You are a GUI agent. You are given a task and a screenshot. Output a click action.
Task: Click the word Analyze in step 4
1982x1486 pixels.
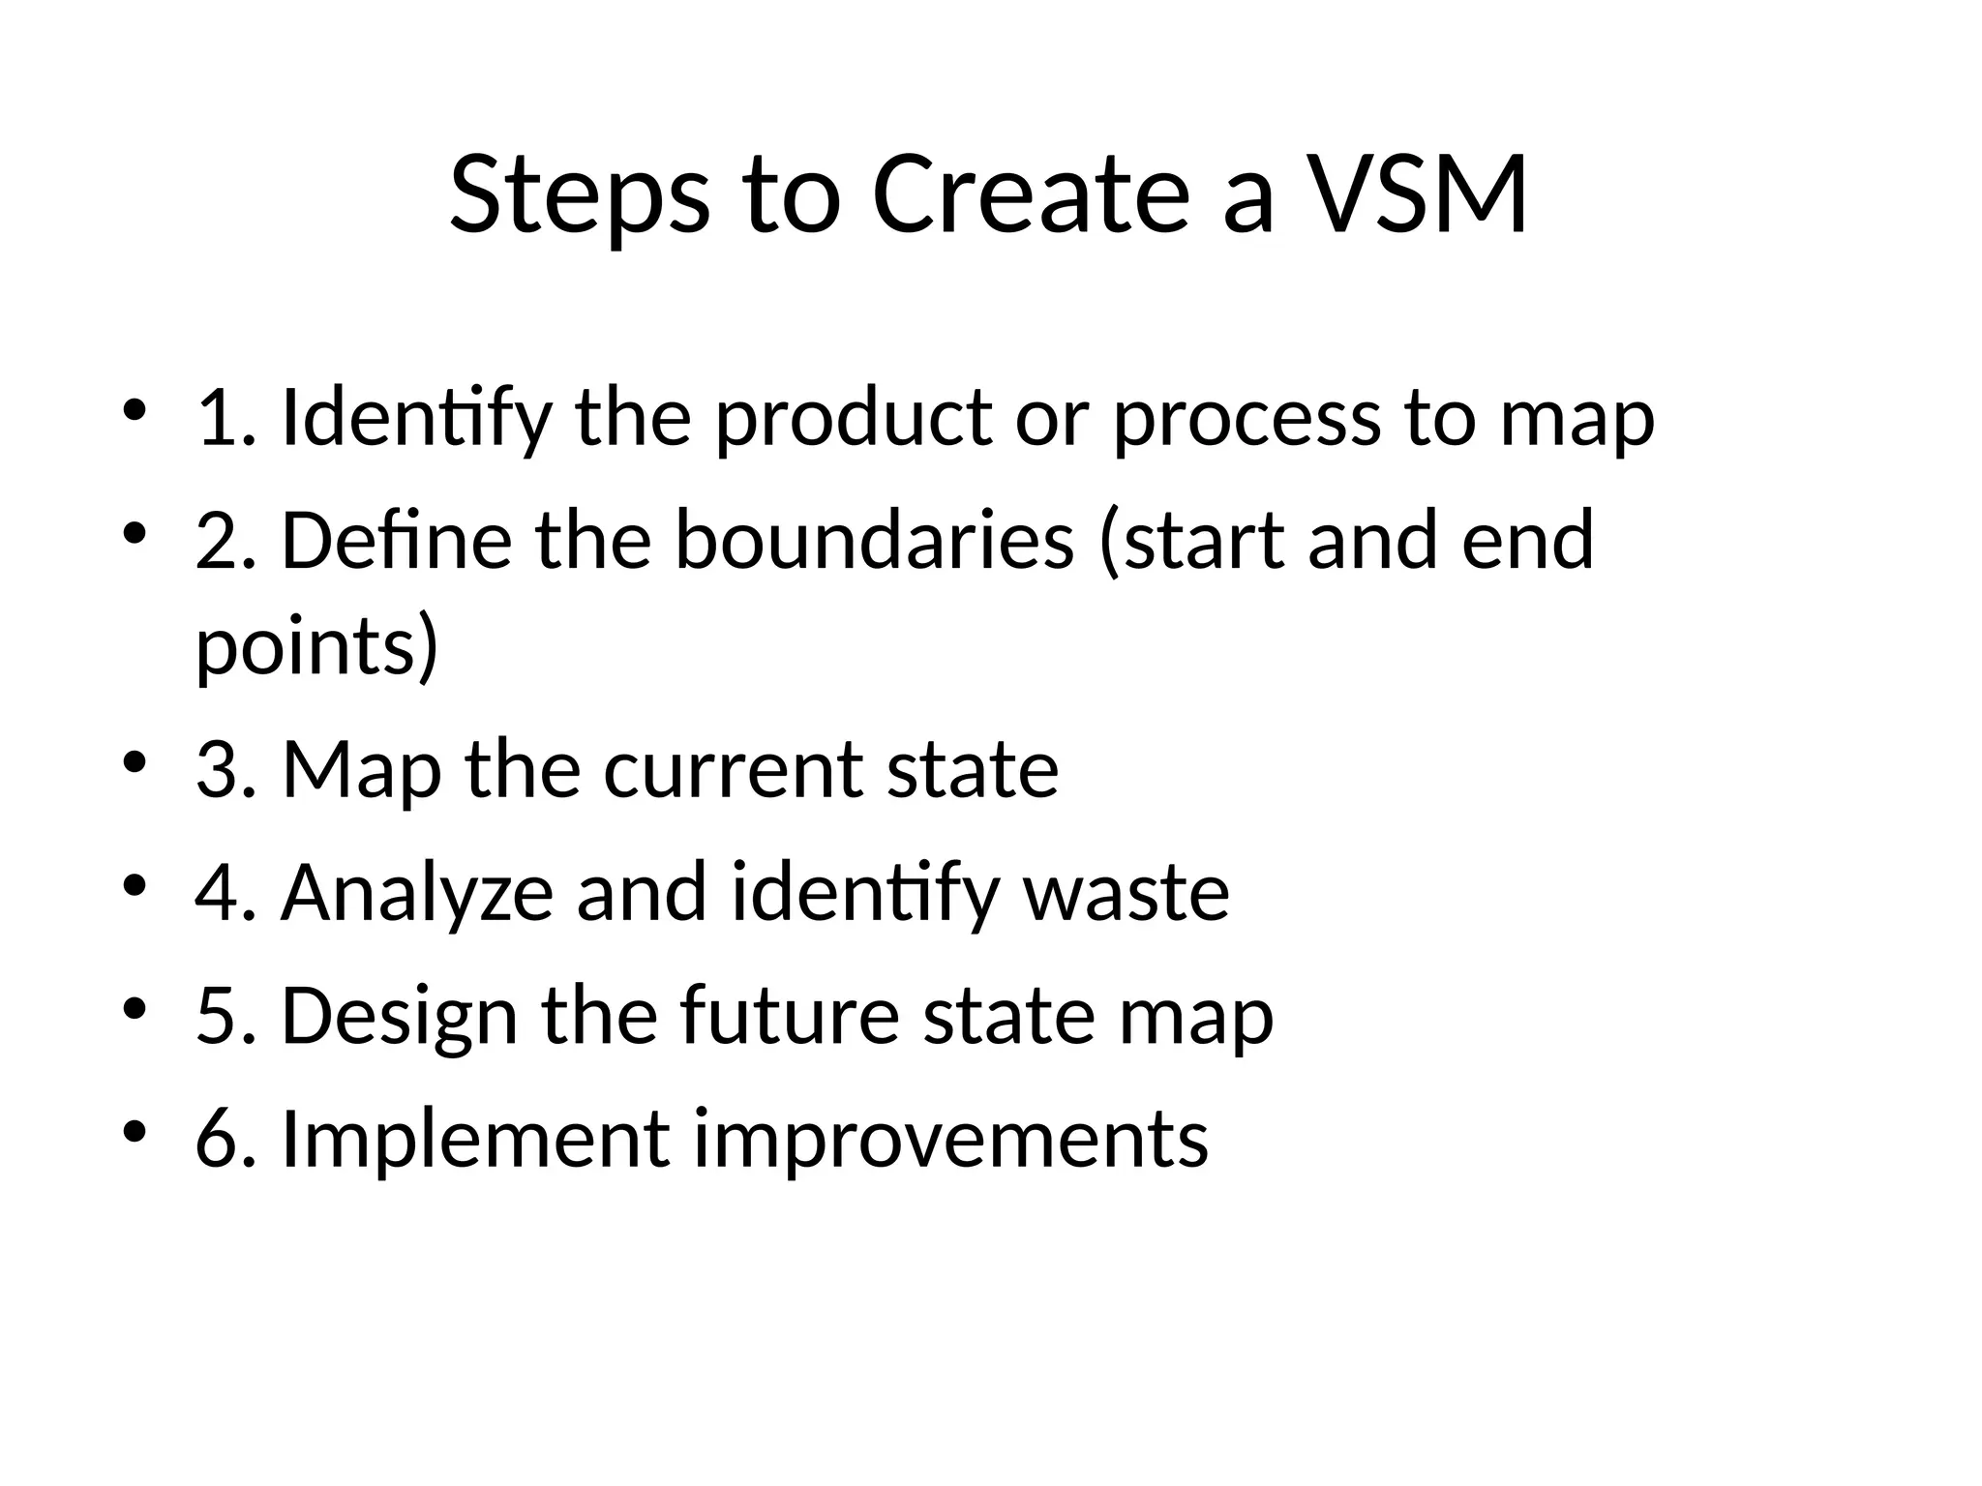point(417,893)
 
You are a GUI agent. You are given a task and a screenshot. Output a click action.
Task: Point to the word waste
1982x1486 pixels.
point(1126,893)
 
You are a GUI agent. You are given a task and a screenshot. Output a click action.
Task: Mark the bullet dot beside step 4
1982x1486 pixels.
point(135,885)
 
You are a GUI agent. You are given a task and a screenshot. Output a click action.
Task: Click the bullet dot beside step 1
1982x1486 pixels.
point(135,410)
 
